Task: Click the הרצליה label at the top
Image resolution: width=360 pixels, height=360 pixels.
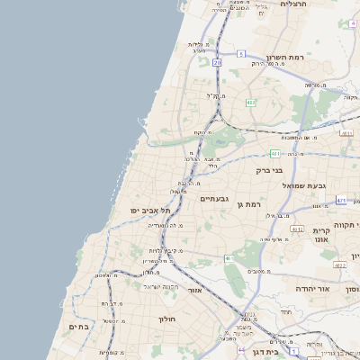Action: click(293, 4)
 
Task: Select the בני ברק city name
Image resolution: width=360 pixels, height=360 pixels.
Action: click(269, 169)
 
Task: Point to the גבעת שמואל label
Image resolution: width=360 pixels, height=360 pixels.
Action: click(301, 184)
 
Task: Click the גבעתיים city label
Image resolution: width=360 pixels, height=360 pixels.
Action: click(214, 198)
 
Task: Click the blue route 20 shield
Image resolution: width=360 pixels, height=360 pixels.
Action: click(217, 63)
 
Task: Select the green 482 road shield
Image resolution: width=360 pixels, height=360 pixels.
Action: click(250, 103)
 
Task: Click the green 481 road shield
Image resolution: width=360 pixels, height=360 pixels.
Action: click(274, 154)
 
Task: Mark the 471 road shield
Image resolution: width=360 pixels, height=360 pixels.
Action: click(340, 201)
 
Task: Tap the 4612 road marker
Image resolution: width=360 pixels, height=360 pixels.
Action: click(338, 266)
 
